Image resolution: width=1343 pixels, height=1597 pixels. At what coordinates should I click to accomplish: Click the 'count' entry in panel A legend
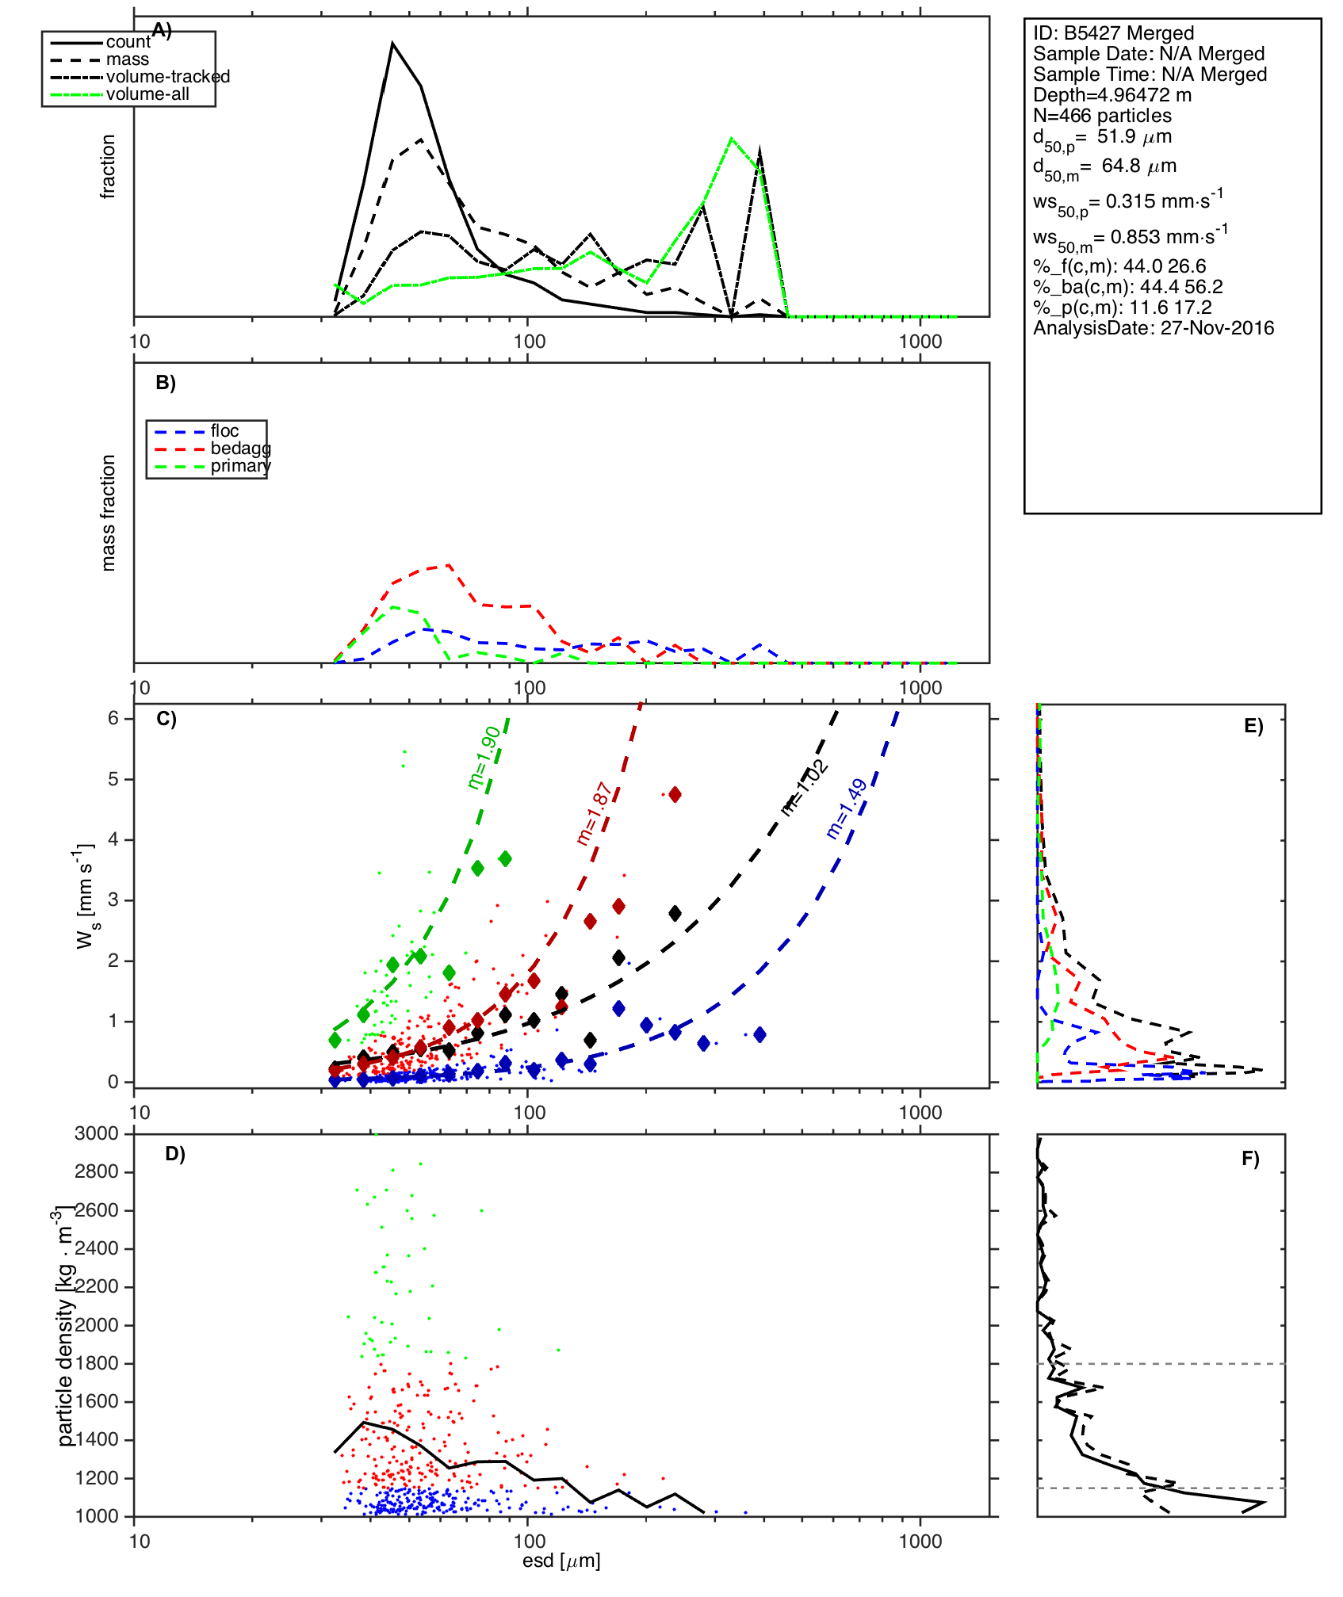click(x=128, y=42)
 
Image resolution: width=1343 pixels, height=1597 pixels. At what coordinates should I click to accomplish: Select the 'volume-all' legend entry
click(x=147, y=94)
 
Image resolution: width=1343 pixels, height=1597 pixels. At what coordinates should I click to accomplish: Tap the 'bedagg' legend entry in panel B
click(x=240, y=449)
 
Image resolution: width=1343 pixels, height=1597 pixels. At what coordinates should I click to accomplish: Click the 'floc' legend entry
click(x=224, y=431)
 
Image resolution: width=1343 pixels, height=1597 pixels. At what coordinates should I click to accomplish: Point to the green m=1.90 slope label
click(x=484, y=758)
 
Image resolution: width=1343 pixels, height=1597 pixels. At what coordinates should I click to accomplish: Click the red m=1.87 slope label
click(x=593, y=814)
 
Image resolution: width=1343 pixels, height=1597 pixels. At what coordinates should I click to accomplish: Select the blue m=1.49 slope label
click(x=847, y=808)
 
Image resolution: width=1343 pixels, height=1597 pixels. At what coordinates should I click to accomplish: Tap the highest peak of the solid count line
click(x=392, y=44)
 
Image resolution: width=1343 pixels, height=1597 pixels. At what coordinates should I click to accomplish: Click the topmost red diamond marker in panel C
click(x=675, y=795)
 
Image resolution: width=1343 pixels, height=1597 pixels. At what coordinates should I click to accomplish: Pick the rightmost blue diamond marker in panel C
click(x=760, y=1034)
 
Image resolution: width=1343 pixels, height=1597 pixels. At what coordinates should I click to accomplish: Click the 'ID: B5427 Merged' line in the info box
click(x=1113, y=33)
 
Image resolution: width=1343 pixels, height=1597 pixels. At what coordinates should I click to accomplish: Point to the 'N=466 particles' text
click(x=1102, y=116)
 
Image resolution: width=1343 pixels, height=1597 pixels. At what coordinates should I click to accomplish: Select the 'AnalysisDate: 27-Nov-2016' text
click(x=1154, y=328)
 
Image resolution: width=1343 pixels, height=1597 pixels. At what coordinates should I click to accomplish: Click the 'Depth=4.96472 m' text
click(x=1112, y=95)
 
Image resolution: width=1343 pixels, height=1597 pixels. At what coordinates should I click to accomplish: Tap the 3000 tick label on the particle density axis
click(x=97, y=1133)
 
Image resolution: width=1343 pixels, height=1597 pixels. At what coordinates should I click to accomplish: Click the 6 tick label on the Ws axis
click(x=113, y=718)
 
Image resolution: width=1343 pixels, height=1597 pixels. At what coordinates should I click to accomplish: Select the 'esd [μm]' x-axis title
click(x=561, y=1561)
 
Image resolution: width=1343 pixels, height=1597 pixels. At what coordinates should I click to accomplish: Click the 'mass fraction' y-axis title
click(x=109, y=513)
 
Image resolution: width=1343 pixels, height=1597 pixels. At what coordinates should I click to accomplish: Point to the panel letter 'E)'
click(x=1253, y=726)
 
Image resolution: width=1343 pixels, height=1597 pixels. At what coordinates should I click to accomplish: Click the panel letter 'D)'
click(x=175, y=1154)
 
